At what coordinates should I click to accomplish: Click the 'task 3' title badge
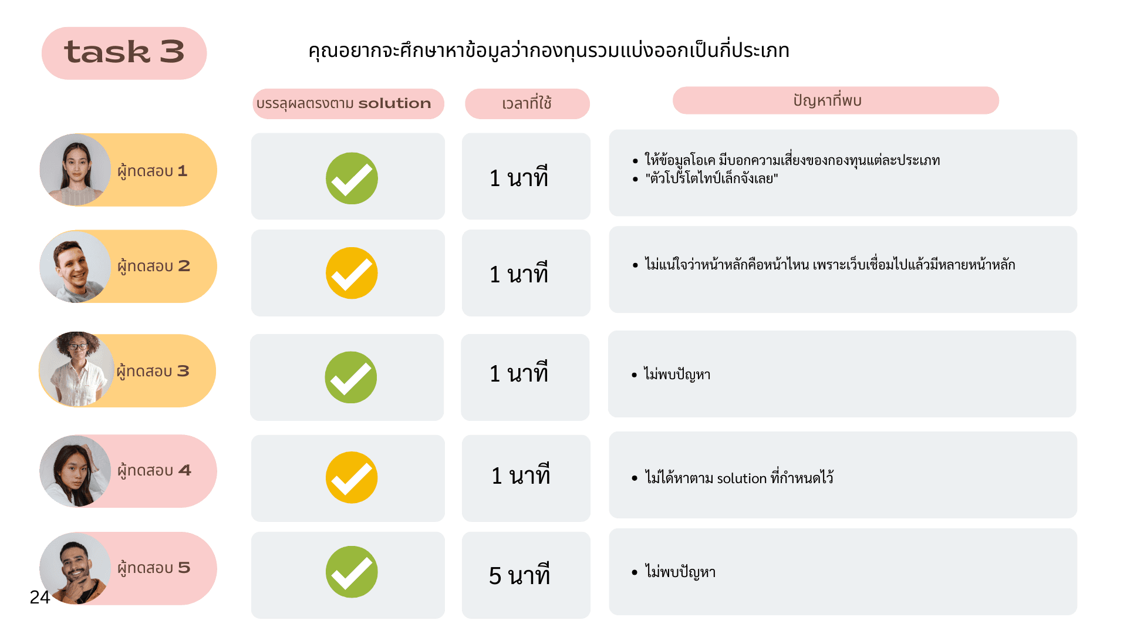click(x=124, y=53)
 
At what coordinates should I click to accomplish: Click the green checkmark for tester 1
click(x=352, y=178)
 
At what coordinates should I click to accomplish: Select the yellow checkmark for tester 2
click(x=352, y=274)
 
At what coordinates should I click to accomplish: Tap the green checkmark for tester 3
click(x=351, y=377)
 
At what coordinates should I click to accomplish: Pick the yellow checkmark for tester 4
click(x=352, y=477)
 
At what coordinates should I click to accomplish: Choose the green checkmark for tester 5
click(x=352, y=572)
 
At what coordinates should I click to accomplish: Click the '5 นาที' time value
click(x=519, y=576)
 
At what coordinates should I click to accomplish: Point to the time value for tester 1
click(x=519, y=178)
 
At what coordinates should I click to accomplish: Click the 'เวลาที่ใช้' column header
click(x=527, y=103)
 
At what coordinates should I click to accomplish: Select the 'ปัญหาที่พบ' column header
click(x=827, y=100)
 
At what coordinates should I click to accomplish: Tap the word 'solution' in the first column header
click(x=394, y=103)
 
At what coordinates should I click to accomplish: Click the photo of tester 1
click(x=75, y=170)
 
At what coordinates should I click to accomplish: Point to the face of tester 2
click(x=73, y=265)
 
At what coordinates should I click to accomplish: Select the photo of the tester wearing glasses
click(x=77, y=370)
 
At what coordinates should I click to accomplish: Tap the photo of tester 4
click(x=75, y=471)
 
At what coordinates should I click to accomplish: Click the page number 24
click(x=39, y=597)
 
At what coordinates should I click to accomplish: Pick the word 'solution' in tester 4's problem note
click(x=741, y=478)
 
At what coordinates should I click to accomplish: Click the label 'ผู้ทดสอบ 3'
click(x=153, y=371)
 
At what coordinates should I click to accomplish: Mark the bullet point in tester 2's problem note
click(x=635, y=265)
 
